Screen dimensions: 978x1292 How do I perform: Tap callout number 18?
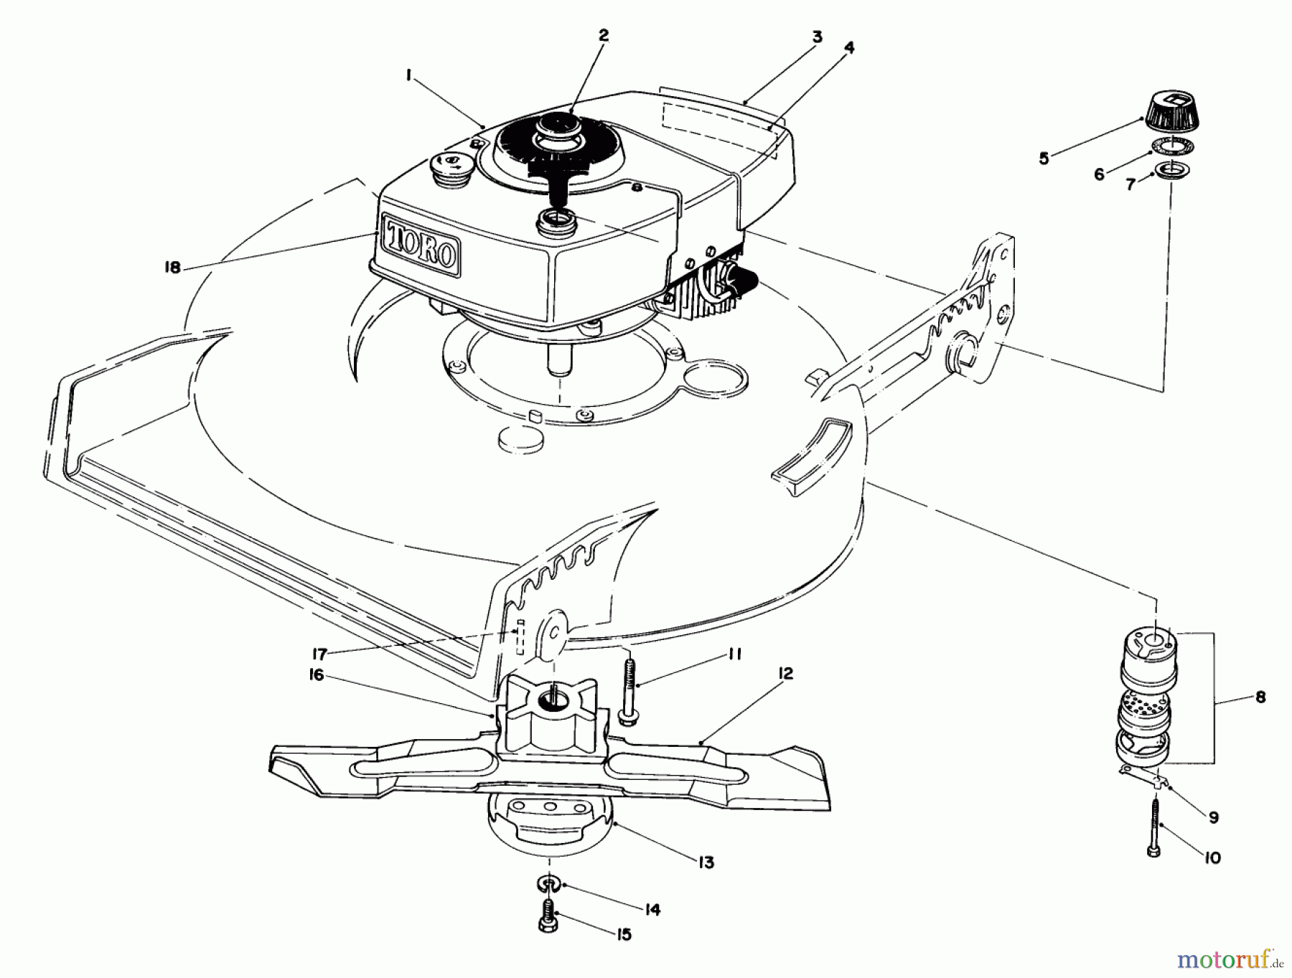172,268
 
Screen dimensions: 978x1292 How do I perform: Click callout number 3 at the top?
818,37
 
